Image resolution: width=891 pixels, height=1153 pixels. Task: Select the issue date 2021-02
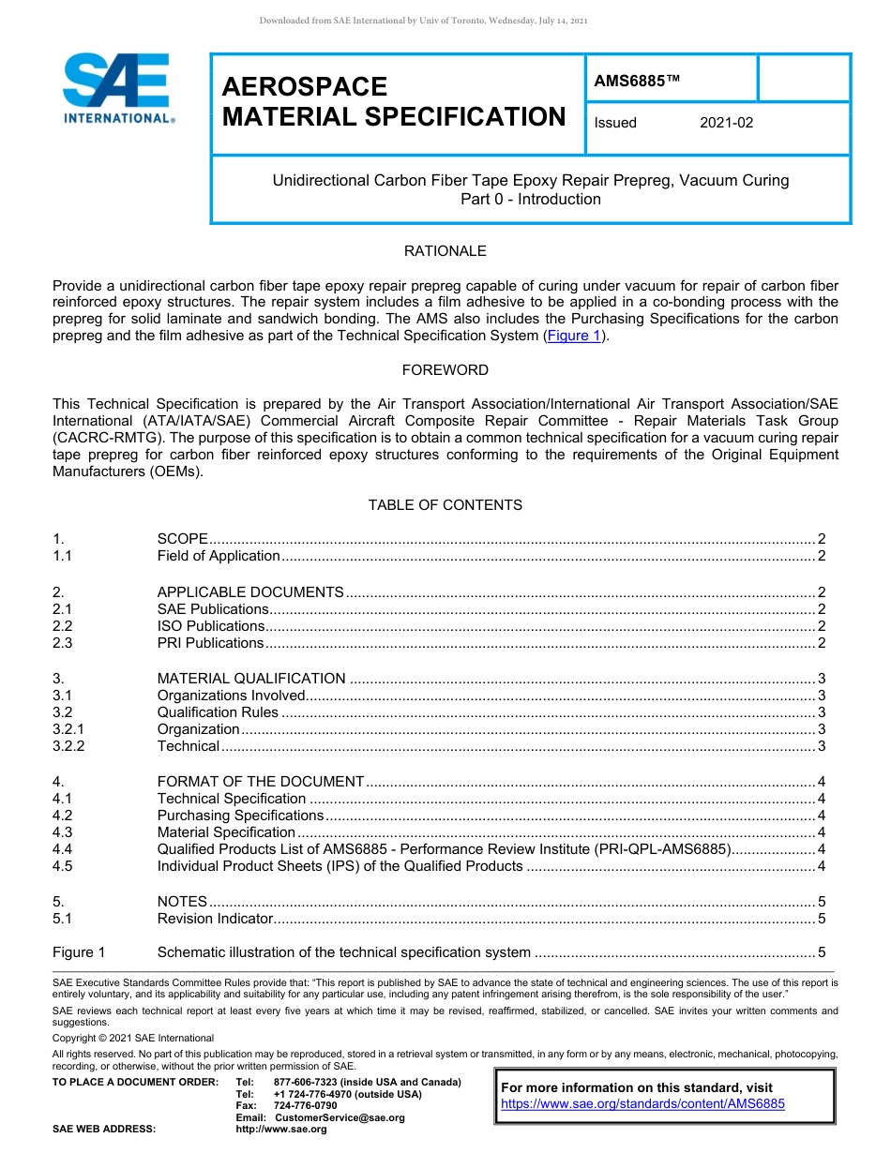[726, 123]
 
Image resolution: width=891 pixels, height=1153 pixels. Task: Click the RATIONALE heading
[445, 251]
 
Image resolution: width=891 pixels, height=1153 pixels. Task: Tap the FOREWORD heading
[445, 370]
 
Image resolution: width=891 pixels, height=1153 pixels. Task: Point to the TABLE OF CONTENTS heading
[445, 505]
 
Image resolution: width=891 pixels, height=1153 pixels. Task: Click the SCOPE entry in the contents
[182, 539]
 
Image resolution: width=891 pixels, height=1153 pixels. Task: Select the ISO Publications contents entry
[211, 626]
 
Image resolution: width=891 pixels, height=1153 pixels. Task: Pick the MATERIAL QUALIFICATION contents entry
[251, 679]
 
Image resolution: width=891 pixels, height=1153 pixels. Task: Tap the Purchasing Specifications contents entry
[240, 816]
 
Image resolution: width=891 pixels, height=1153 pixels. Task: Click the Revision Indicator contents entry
[215, 919]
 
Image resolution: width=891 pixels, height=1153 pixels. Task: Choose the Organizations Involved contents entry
[232, 696]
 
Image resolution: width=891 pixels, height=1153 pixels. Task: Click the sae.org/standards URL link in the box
[642, 1104]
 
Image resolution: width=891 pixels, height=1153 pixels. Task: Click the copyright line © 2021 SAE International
[133, 1039]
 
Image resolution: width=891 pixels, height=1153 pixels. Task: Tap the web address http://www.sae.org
[281, 1130]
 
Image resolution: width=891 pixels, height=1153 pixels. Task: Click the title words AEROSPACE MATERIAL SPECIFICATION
[394, 102]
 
